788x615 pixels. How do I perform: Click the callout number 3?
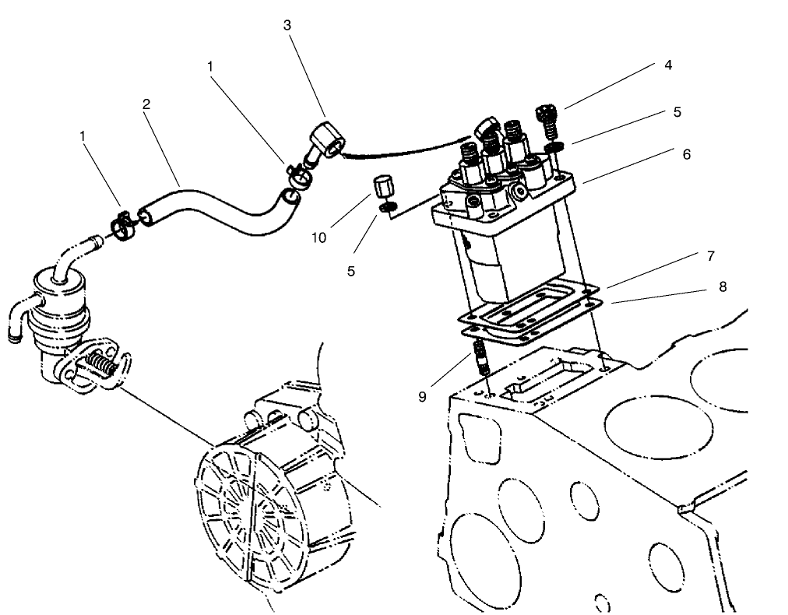tap(287, 26)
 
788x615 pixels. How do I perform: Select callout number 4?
tap(667, 65)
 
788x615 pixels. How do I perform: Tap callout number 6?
tap(686, 154)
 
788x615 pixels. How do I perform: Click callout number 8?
tap(723, 286)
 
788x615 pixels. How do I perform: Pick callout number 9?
tap(422, 396)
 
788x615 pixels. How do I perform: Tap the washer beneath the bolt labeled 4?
tap(554, 146)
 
